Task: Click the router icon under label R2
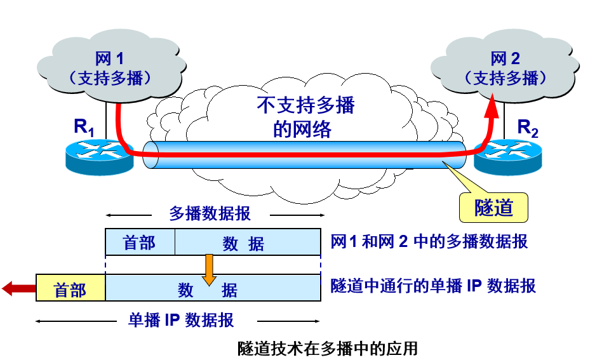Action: tap(507, 156)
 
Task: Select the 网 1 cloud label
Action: tap(109, 59)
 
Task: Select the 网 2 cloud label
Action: tap(505, 59)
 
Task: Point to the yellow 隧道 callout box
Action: tap(493, 207)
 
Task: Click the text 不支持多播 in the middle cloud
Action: tap(305, 105)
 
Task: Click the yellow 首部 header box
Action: tap(70, 290)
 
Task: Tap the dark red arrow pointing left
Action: tap(18, 289)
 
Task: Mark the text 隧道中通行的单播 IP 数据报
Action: tap(433, 286)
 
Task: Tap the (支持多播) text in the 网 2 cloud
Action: tap(505, 78)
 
